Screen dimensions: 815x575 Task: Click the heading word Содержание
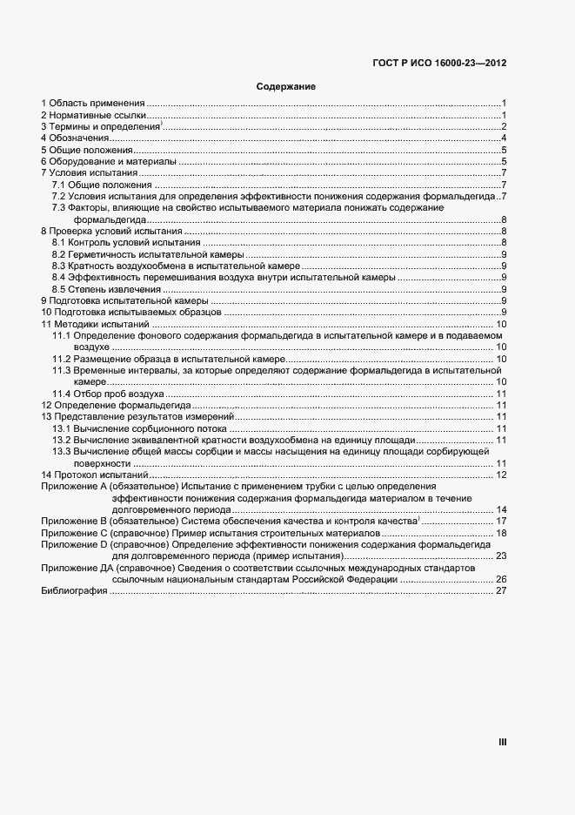pyautogui.click(x=285, y=87)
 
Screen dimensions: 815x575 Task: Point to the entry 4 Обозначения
pyautogui.click(x=73, y=138)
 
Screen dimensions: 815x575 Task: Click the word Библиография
pyautogui.click(x=74, y=591)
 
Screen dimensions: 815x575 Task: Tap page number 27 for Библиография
pyautogui.click(x=501, y=591)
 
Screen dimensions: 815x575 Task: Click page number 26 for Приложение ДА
pyautogui.click(x=501, y=579)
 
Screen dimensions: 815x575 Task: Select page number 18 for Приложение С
pyautogui.click(x=501, y=532)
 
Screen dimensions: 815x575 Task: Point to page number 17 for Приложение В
pyautogui.click(x=501, y=521)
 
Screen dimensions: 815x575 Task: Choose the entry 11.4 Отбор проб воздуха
pyautogui.click(x=109, y=394)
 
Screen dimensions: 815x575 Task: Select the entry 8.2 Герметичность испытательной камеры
pyautogui.click(x=139, y=254)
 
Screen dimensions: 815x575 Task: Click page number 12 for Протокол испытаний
pyautogui.click(x=501, y=475)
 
